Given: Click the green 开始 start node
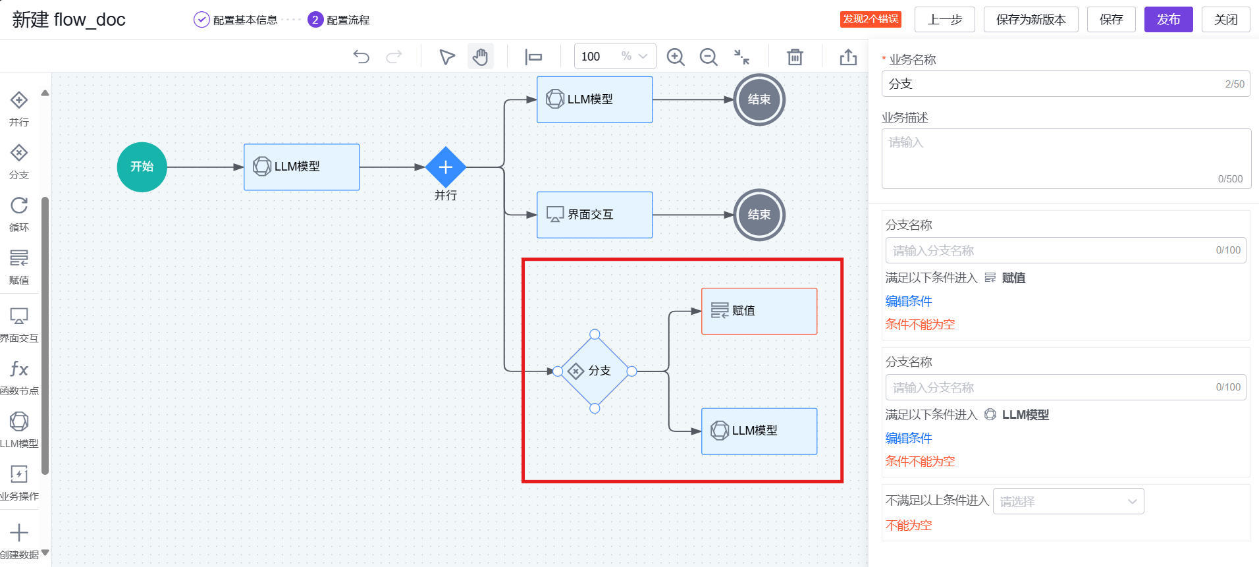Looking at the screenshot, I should coord(142,167).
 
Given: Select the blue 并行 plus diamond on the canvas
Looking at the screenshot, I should coord(446,167).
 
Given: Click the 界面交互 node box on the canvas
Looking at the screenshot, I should coord(594,215).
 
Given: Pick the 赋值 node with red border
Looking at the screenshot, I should coord(759,311).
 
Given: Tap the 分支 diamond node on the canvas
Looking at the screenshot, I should coord(594,371).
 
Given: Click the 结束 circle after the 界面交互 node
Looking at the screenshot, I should coord(759,215).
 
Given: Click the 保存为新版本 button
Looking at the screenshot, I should coord(1030,20).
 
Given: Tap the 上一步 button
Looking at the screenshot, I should coord(944,20).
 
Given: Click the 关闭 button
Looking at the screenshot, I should coord(1225,20).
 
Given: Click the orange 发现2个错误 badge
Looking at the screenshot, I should coord(870,19).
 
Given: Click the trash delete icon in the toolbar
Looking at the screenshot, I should coord(795,57).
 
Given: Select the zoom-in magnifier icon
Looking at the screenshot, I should coord(675,57).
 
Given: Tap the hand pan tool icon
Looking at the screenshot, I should coord(481,57).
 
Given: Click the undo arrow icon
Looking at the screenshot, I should coord(361,57).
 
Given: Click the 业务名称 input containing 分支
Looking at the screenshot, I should coord(1054,84).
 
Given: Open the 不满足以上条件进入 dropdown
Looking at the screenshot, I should coord(1067,501).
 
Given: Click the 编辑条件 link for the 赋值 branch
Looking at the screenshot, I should coord(908,301).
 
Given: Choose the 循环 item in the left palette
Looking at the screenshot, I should coord(19,213).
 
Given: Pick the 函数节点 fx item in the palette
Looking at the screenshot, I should coord(19,376).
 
